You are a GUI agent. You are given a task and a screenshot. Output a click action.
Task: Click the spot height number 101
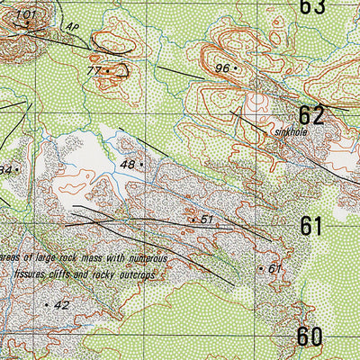[x=25, y=14]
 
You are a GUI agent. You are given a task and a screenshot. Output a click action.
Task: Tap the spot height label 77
[x=94, y=70]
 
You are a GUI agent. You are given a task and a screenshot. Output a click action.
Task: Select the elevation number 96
[x=222, y=67]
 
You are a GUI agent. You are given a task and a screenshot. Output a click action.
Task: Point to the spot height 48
[x=127, y=165]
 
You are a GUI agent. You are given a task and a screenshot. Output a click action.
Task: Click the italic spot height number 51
[x=206, y=219]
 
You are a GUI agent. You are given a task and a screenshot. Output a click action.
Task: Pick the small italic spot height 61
[x=275, y=268]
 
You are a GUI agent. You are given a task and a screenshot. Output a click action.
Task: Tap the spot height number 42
[x=61, y=305]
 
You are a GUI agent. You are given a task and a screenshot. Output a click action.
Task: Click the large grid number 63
[x=311, y=7]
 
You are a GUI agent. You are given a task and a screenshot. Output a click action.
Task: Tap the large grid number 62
[x=310, y=114]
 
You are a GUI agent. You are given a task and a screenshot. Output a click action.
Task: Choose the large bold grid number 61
[x=310, y=226]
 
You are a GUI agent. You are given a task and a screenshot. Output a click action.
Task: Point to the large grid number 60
[x=310, y=337]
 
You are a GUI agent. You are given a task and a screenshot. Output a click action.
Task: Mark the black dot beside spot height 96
[x=235, y=67]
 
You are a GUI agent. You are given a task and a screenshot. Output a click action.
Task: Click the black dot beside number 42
[x=46, y=306]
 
